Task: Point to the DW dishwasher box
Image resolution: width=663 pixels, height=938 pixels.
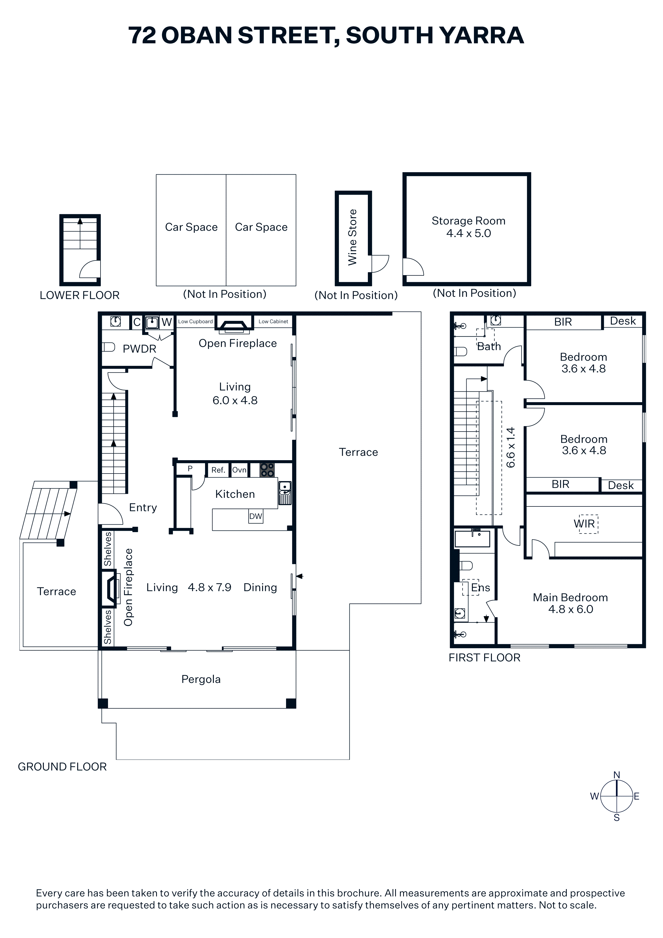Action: click(256, 516)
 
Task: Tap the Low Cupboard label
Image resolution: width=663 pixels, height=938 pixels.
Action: click(195, 321)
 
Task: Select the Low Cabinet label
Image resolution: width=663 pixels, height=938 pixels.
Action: click(273, 321)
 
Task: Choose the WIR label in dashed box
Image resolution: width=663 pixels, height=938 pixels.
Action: click(584, 524)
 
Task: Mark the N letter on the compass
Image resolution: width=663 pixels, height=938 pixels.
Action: click(617, 775)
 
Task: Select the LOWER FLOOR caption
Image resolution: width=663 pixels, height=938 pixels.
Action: click(80, 295)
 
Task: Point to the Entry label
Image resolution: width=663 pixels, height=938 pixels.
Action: click(143, 508)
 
